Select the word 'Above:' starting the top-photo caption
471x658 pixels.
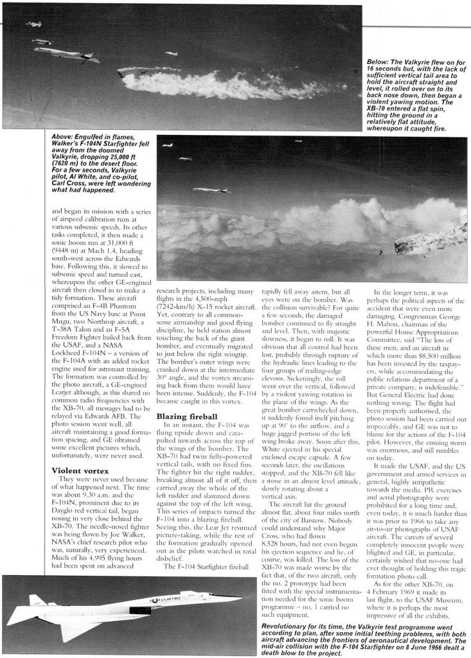(x=64, y=136)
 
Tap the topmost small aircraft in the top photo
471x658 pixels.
(x=33, y=24)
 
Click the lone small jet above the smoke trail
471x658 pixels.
(x=172, y=53)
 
